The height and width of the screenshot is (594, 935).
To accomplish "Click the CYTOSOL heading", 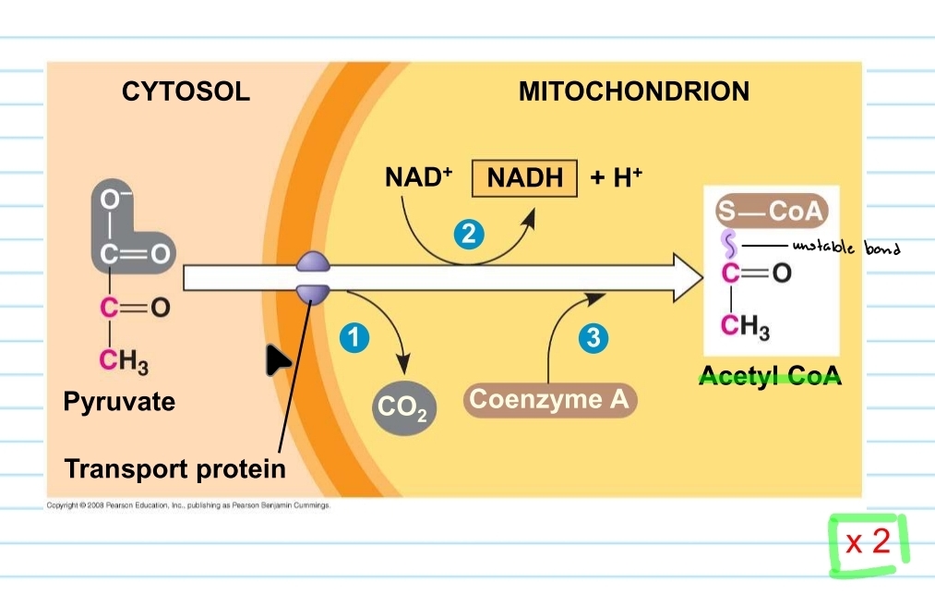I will [186, 91].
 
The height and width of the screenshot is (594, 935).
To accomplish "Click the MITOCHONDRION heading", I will [633, 91].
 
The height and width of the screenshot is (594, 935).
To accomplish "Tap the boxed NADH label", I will [524, 178].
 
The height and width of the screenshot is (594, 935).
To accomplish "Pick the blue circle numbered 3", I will [593, 339].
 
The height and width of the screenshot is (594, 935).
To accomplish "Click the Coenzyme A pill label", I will [549, 400].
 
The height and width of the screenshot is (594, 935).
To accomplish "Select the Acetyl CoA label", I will [770, 377].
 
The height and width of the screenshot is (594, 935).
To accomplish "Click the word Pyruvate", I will [119, 402].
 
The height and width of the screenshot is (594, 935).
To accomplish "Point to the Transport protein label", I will [175, 468].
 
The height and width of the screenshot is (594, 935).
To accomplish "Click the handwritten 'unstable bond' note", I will [845, 248].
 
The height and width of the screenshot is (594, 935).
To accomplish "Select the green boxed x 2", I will [869, 541].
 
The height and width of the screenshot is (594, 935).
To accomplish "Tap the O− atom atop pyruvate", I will [111, 198].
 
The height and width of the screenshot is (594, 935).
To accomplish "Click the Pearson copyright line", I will [188, 506].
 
